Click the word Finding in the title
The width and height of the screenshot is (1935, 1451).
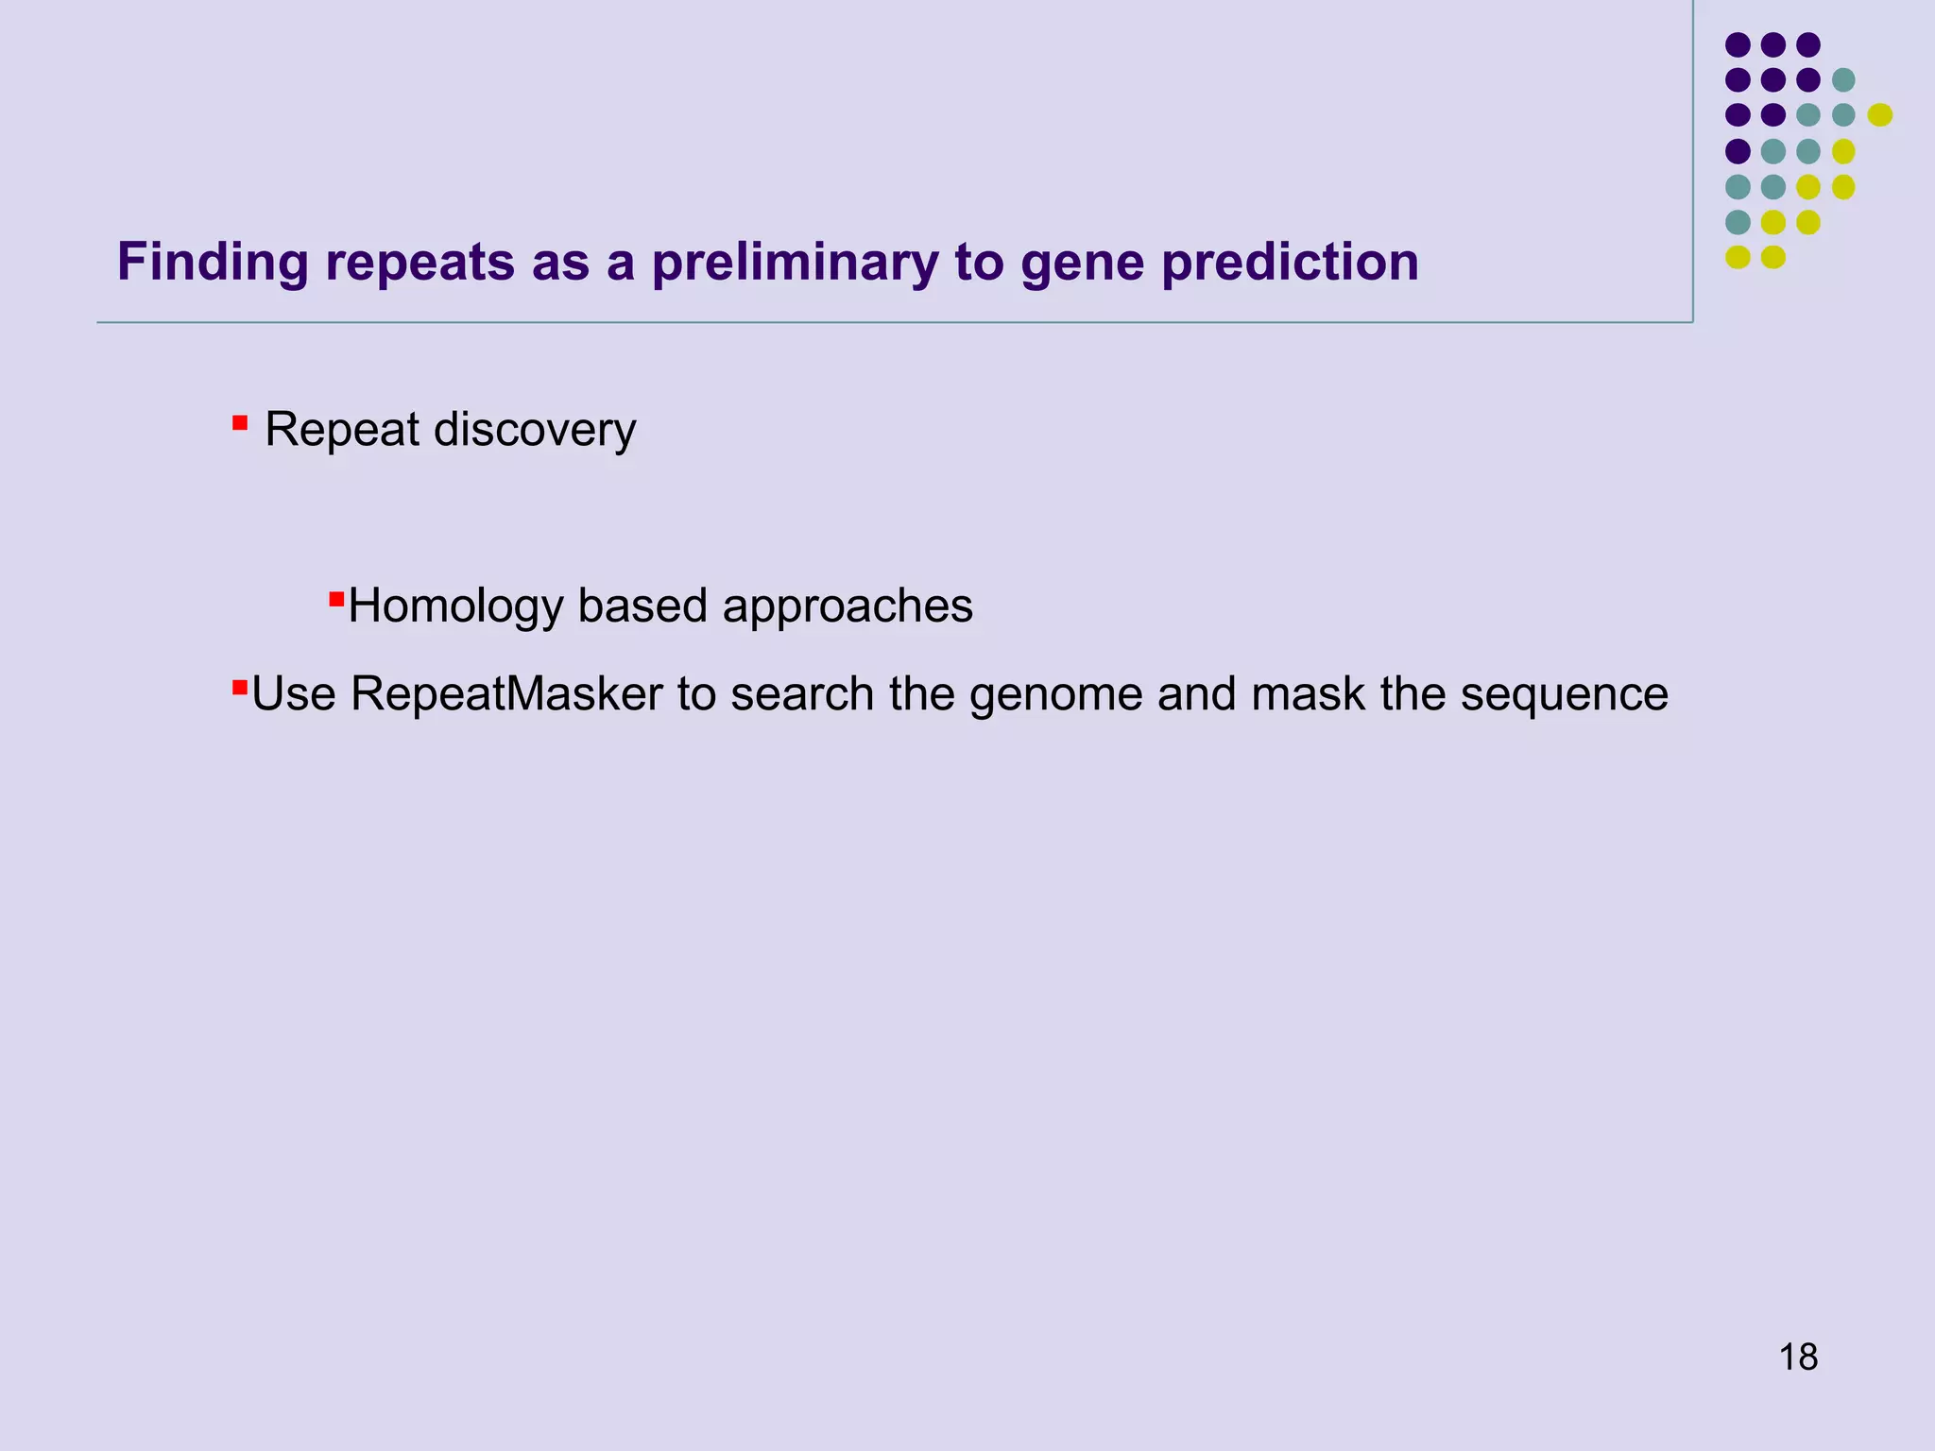213,263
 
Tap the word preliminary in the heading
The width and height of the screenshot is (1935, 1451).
795,263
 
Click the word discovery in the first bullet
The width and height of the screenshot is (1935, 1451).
535,430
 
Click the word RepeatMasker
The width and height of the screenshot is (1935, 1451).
506,694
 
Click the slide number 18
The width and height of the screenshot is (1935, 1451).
1798,1357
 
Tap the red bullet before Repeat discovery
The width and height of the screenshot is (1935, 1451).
240,422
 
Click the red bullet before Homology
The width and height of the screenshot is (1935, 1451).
336,599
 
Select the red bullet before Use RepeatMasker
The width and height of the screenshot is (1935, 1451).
240,687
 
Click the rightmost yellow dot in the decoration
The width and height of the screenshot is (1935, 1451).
1879,115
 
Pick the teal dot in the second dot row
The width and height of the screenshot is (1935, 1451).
1843,80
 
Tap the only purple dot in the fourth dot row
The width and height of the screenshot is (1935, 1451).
1738,151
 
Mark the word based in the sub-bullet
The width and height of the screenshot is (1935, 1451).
642,606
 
